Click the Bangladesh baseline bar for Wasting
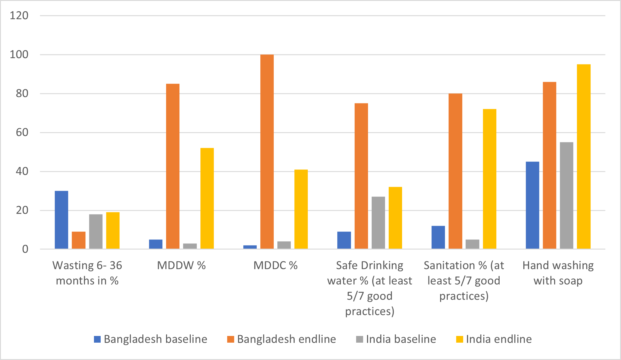click(61, 220)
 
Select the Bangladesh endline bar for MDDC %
click(267, 152)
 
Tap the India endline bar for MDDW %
click(207, 198)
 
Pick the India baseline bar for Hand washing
click(567, 195)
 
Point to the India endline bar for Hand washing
click(584, 156)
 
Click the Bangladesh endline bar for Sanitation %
click(455, 171)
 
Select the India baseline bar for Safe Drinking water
click(378, 223)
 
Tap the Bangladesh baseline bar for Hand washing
click(533, 205)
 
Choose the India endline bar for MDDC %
click(301, 209)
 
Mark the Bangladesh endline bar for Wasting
click(78, 240)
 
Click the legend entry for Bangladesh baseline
click(151, 339)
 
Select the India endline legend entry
click(494, 339)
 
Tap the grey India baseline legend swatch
click(359, 339)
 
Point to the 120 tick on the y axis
click(19, 16)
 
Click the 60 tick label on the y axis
click(22, 132)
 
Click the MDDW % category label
click(181, 265)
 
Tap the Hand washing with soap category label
click(558, 273)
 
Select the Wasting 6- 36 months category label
click(87, 273)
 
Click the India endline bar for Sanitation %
click(490, 179)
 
